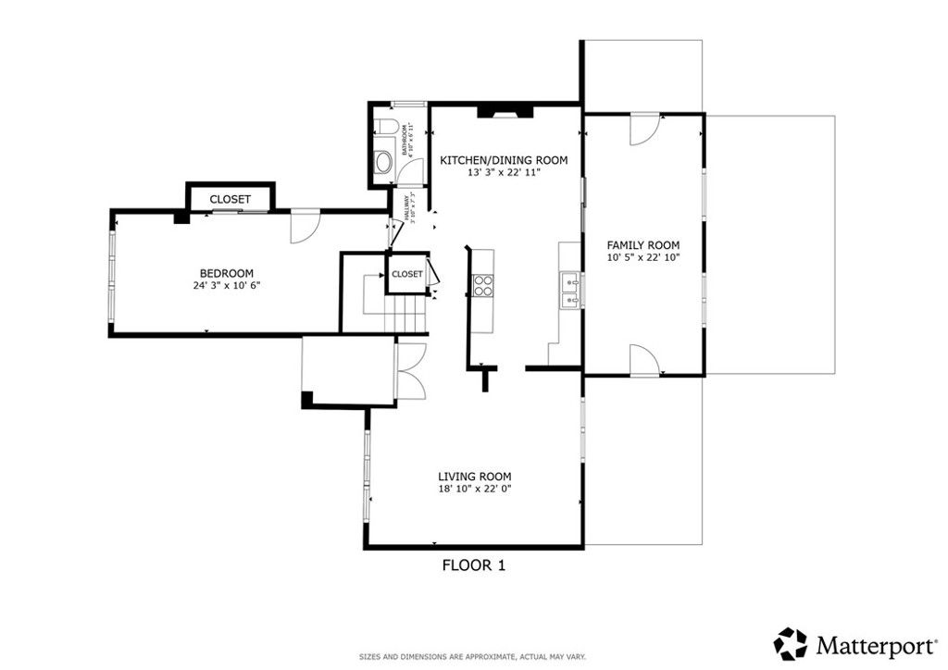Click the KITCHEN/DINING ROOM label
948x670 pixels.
503,160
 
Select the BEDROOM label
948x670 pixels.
227,273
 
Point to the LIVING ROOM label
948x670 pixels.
474,477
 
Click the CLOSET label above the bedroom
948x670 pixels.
230,199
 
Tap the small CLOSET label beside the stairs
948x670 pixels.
406,274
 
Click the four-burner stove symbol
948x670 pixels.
483,286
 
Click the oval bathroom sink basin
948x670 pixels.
382,165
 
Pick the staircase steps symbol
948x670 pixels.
405,310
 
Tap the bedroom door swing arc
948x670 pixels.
305,227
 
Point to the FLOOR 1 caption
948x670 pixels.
473,565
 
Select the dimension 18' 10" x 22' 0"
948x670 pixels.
474,489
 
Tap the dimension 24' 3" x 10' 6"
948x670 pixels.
227,286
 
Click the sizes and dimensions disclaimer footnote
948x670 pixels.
473,656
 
